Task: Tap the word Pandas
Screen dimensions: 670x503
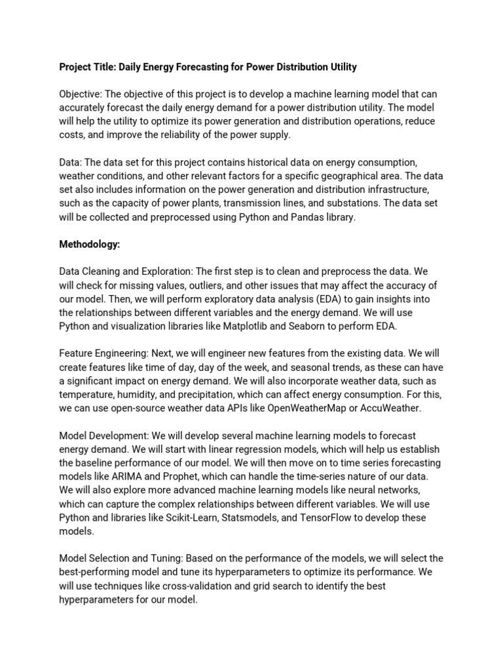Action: point(297,217)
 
